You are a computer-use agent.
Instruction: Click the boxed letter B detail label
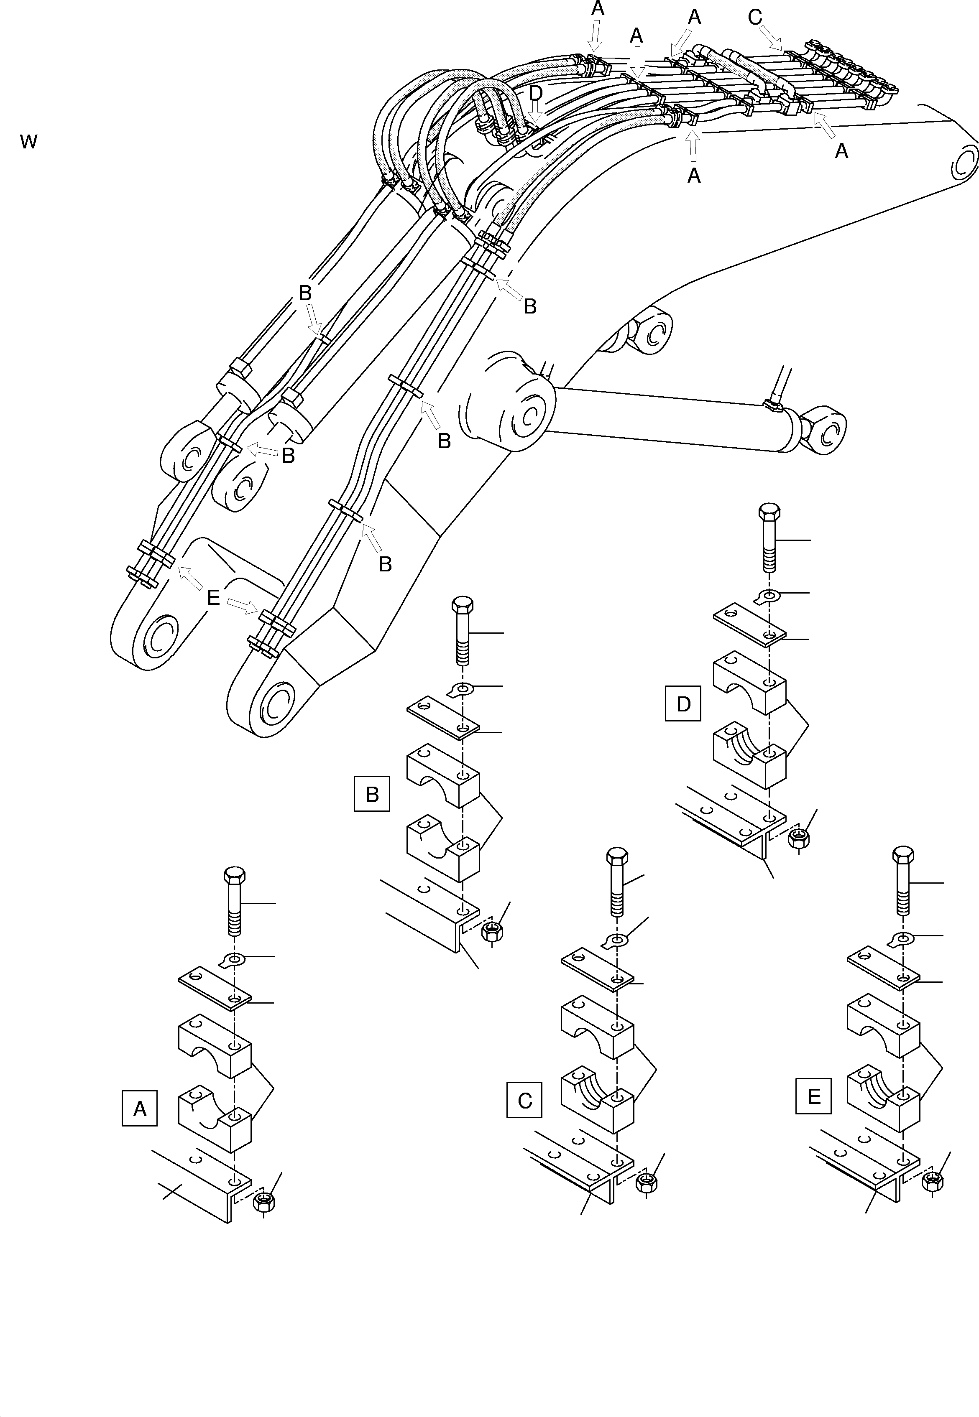(372, 794)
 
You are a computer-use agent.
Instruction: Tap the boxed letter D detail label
(683, 704)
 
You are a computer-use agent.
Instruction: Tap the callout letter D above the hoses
(536, 93)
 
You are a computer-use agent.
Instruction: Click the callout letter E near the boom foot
(213, 597)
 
